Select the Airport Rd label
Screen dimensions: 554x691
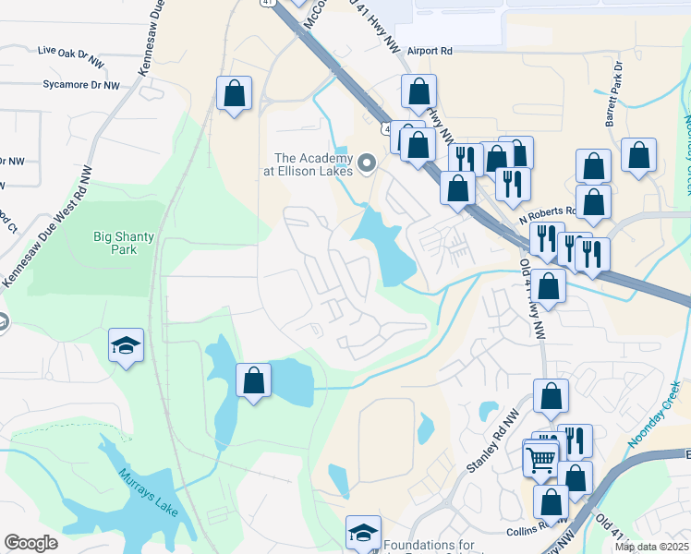431,52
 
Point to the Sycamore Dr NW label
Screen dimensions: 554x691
81,85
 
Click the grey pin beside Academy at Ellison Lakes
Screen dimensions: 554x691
367,163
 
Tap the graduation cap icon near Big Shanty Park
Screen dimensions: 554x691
127,345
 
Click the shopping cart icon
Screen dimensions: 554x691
540,456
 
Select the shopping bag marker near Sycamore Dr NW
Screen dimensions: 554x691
235,92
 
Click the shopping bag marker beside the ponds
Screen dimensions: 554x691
253,379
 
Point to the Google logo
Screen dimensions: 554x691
30,542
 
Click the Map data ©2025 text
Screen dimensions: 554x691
651,547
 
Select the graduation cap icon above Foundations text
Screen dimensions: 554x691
364,532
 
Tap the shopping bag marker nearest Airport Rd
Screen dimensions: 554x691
419,91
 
